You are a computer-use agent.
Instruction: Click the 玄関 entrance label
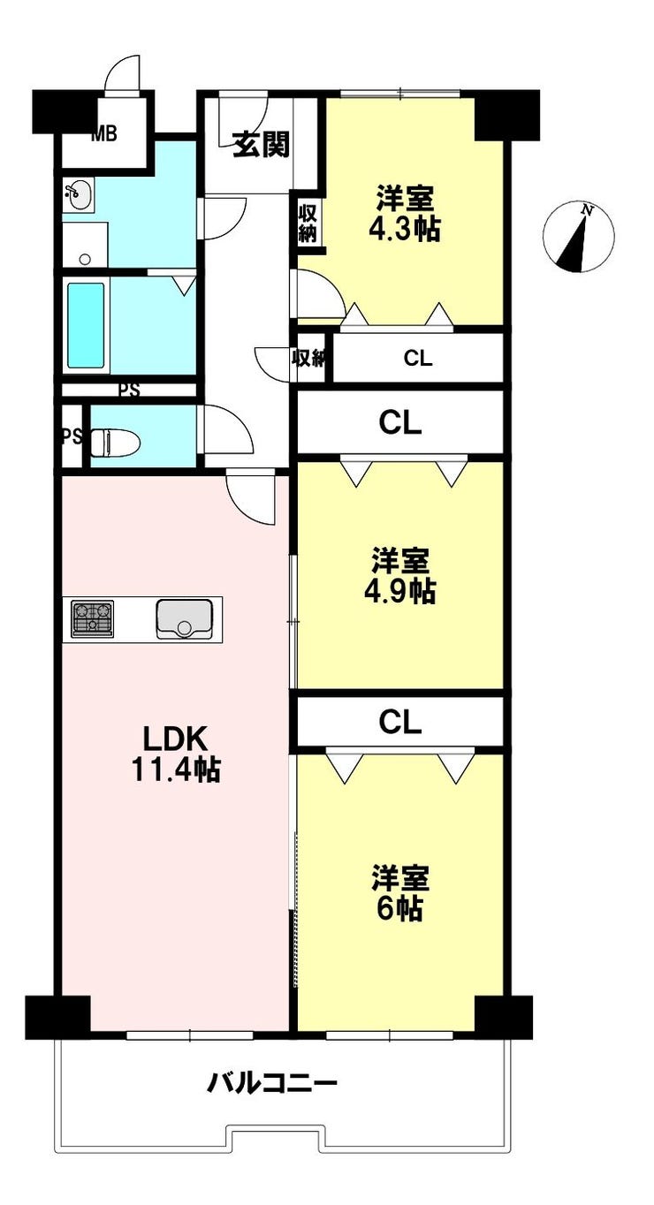click(261, 144)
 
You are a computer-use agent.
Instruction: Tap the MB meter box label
click(104, 133)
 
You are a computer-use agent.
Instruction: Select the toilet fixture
click(115, 443)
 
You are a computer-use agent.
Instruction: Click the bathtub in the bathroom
click(86, 325)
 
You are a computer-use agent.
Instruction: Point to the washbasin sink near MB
click(79, 194)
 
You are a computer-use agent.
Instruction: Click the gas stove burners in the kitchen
click(93, 618)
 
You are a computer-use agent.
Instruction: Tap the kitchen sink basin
click(184, 619)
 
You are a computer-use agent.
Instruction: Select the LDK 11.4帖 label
click(176, 753)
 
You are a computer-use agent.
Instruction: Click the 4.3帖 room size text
click(404, 230)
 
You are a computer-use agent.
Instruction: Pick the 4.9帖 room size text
click(399, 592)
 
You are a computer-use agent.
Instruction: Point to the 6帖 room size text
click(399, 910)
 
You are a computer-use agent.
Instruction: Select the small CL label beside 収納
click(418, 359)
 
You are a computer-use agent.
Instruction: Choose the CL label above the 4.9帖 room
click(400, 423)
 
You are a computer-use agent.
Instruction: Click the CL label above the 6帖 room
click(400, 722)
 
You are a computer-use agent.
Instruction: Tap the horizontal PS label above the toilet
click(129, 390)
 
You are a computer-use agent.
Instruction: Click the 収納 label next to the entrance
click(308, 224)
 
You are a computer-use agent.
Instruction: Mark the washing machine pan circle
click(85, 259)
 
